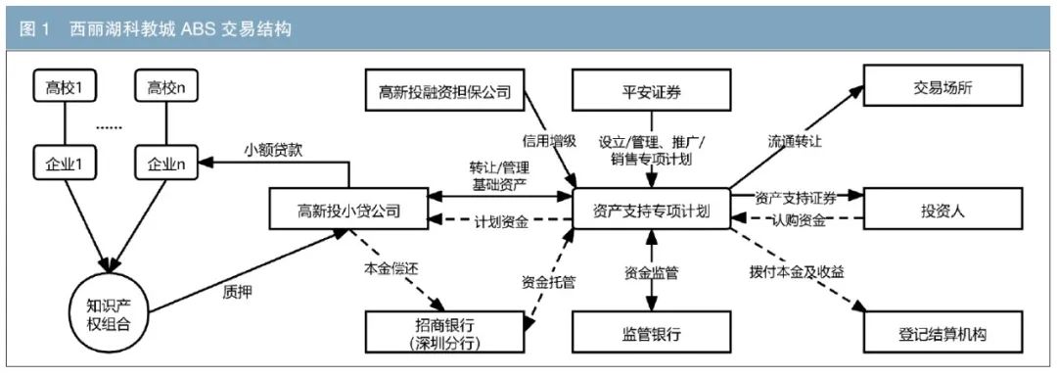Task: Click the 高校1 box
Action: coord(66,88)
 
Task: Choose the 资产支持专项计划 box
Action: coord(651,210)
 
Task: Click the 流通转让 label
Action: coord(794,141)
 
